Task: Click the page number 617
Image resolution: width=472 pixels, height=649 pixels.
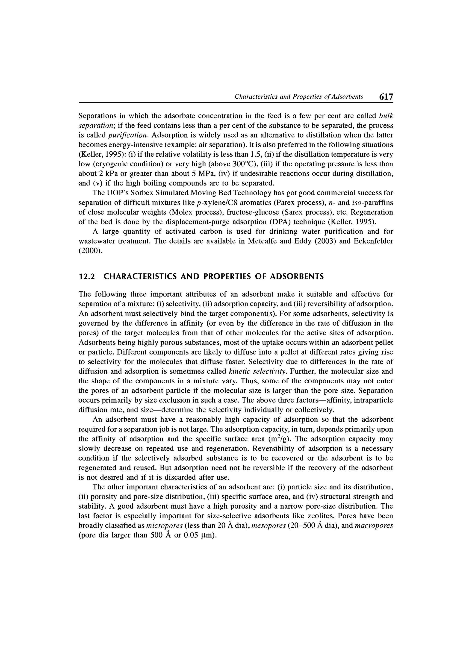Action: [386, 97]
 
